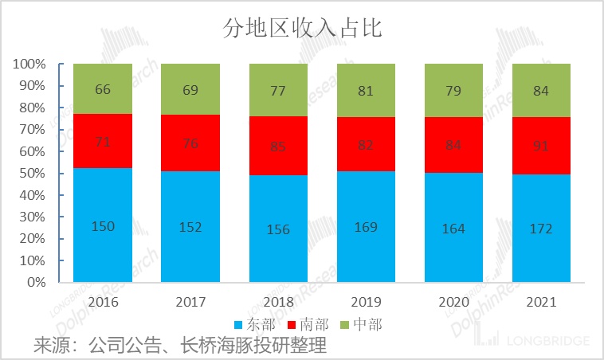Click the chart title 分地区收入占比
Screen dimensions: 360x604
click(x=301, y=29)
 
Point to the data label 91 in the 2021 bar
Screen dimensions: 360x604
click(x=541, y=147)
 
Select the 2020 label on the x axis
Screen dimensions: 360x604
click(x=453, y=303)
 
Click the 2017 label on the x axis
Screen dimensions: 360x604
click(x=190, y=303)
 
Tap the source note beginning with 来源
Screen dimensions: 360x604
click(x=180, y=346)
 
